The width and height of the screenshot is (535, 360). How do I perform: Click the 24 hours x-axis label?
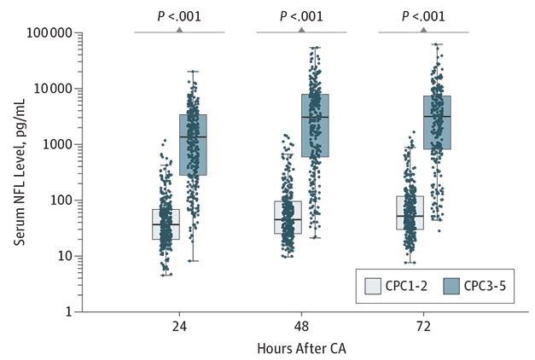pos(179,327)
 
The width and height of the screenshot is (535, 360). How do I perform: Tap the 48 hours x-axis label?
pos(301,327)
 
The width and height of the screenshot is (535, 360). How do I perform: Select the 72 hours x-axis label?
pos(423,327)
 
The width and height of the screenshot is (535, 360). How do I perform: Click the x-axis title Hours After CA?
pos(301,348)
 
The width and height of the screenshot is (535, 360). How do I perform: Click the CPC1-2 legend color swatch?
pos(372,287)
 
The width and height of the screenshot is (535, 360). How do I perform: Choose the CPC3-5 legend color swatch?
pos(442,287)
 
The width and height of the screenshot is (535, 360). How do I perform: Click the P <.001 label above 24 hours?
pos(179,15)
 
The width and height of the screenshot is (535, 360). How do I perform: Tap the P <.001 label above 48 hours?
pos(301,15)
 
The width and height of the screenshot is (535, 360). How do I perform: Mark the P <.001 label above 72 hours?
pos(423,15)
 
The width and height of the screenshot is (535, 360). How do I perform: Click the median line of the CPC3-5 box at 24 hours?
pos(193,137)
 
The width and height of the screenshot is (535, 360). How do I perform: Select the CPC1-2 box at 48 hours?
pos(288,218)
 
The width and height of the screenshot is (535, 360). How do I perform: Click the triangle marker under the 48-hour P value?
pos(301,30)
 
